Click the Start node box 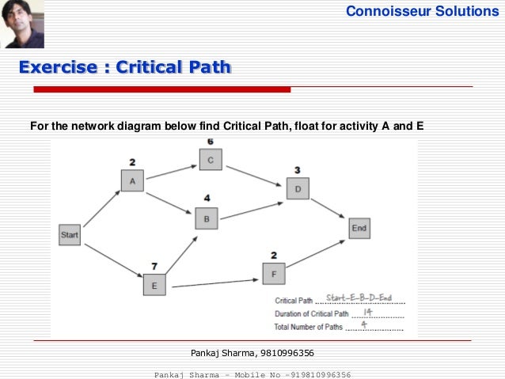point(70,234)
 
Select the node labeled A point(132,180)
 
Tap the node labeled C point(211,160)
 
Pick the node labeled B point(207,218)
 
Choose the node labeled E point(154,284)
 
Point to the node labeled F point(273,274)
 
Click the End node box point(359,229)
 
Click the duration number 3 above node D point(297,169)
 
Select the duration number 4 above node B point(207,198)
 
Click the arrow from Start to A point(101,208)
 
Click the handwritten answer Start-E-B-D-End point(359,298)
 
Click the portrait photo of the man point(22,25)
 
